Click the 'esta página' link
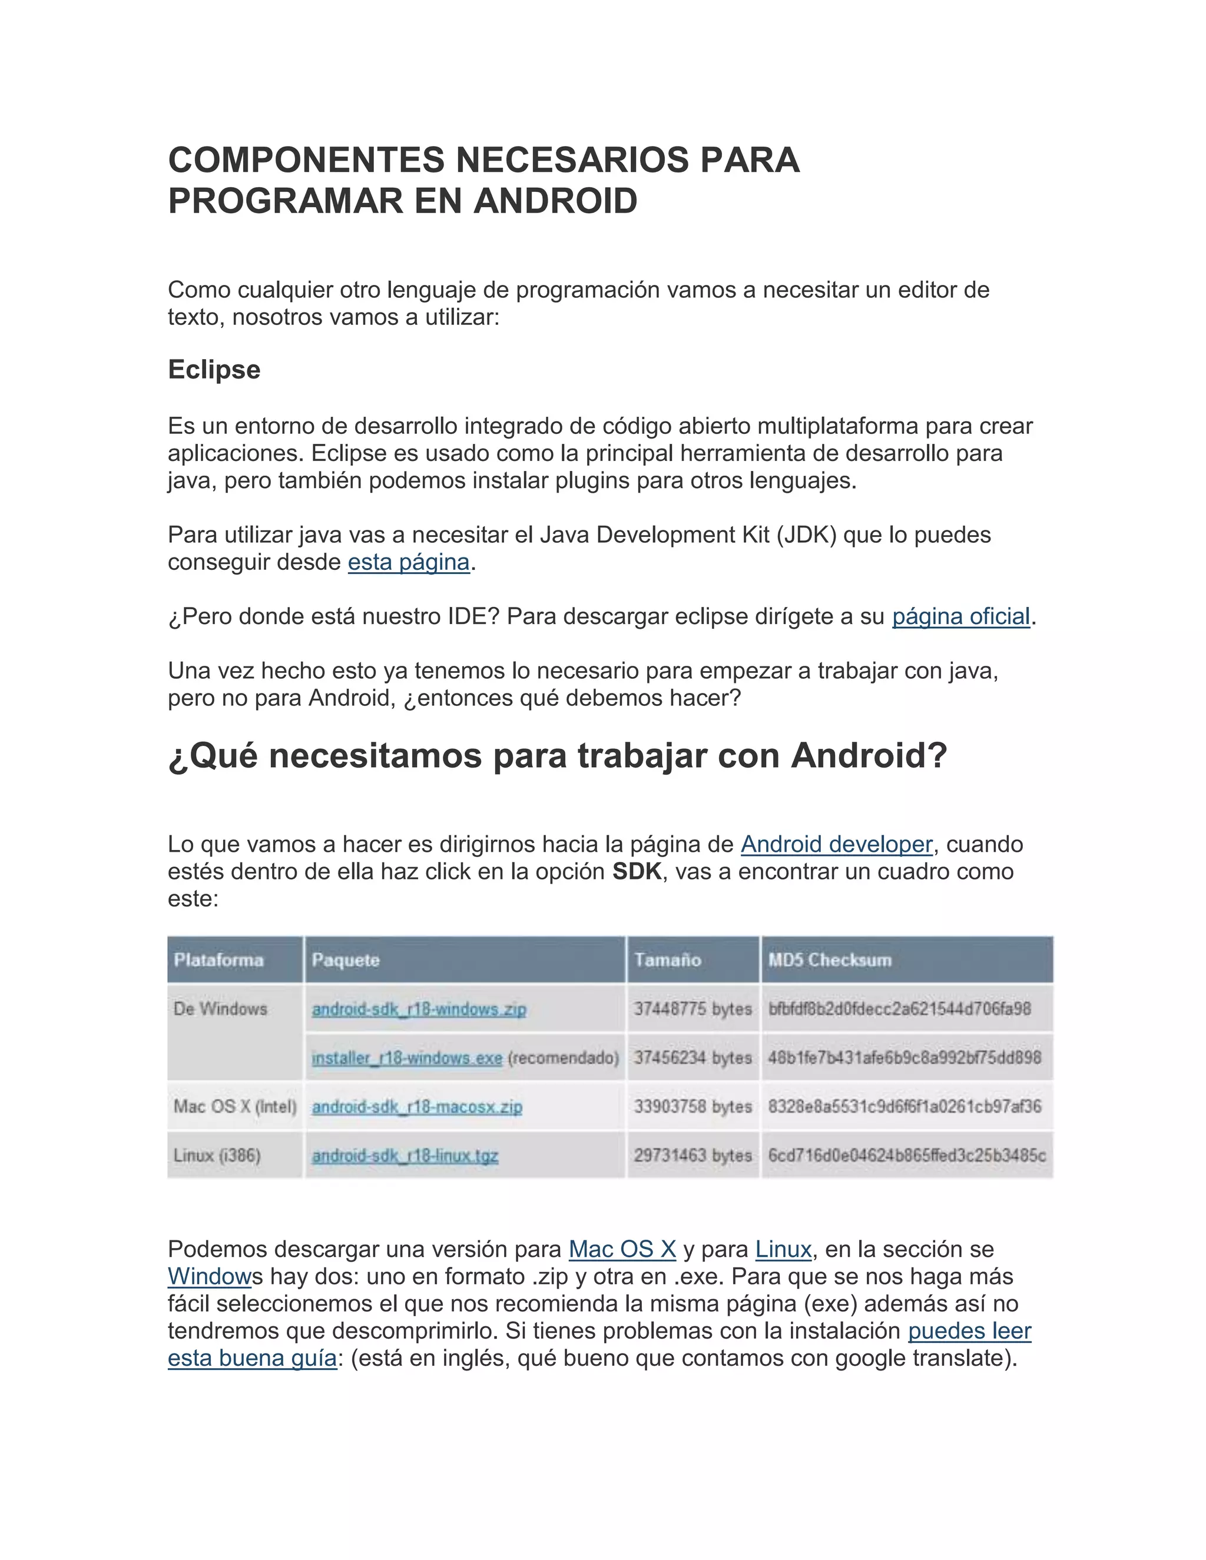point(409,562)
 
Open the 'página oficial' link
point(961,616)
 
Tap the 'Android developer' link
point(837,844)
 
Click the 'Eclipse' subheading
point(214,370)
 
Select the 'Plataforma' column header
point(218,960)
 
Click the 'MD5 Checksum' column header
point(830,960)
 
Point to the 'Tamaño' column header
point(667,960)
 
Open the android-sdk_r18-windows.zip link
point(419,1008)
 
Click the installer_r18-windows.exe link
point(406,1057)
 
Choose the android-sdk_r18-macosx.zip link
point(416,1107)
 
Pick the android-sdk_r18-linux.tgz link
point(405,1155)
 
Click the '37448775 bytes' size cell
point(693,1008)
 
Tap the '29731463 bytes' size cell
point(693,1155)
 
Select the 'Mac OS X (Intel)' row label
point(234,1107)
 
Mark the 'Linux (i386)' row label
point(217,1155)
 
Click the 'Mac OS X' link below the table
point(622,1249)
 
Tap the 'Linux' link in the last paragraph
point(783,1249)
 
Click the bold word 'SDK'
point(637,871)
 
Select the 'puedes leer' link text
point(969,1331)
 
